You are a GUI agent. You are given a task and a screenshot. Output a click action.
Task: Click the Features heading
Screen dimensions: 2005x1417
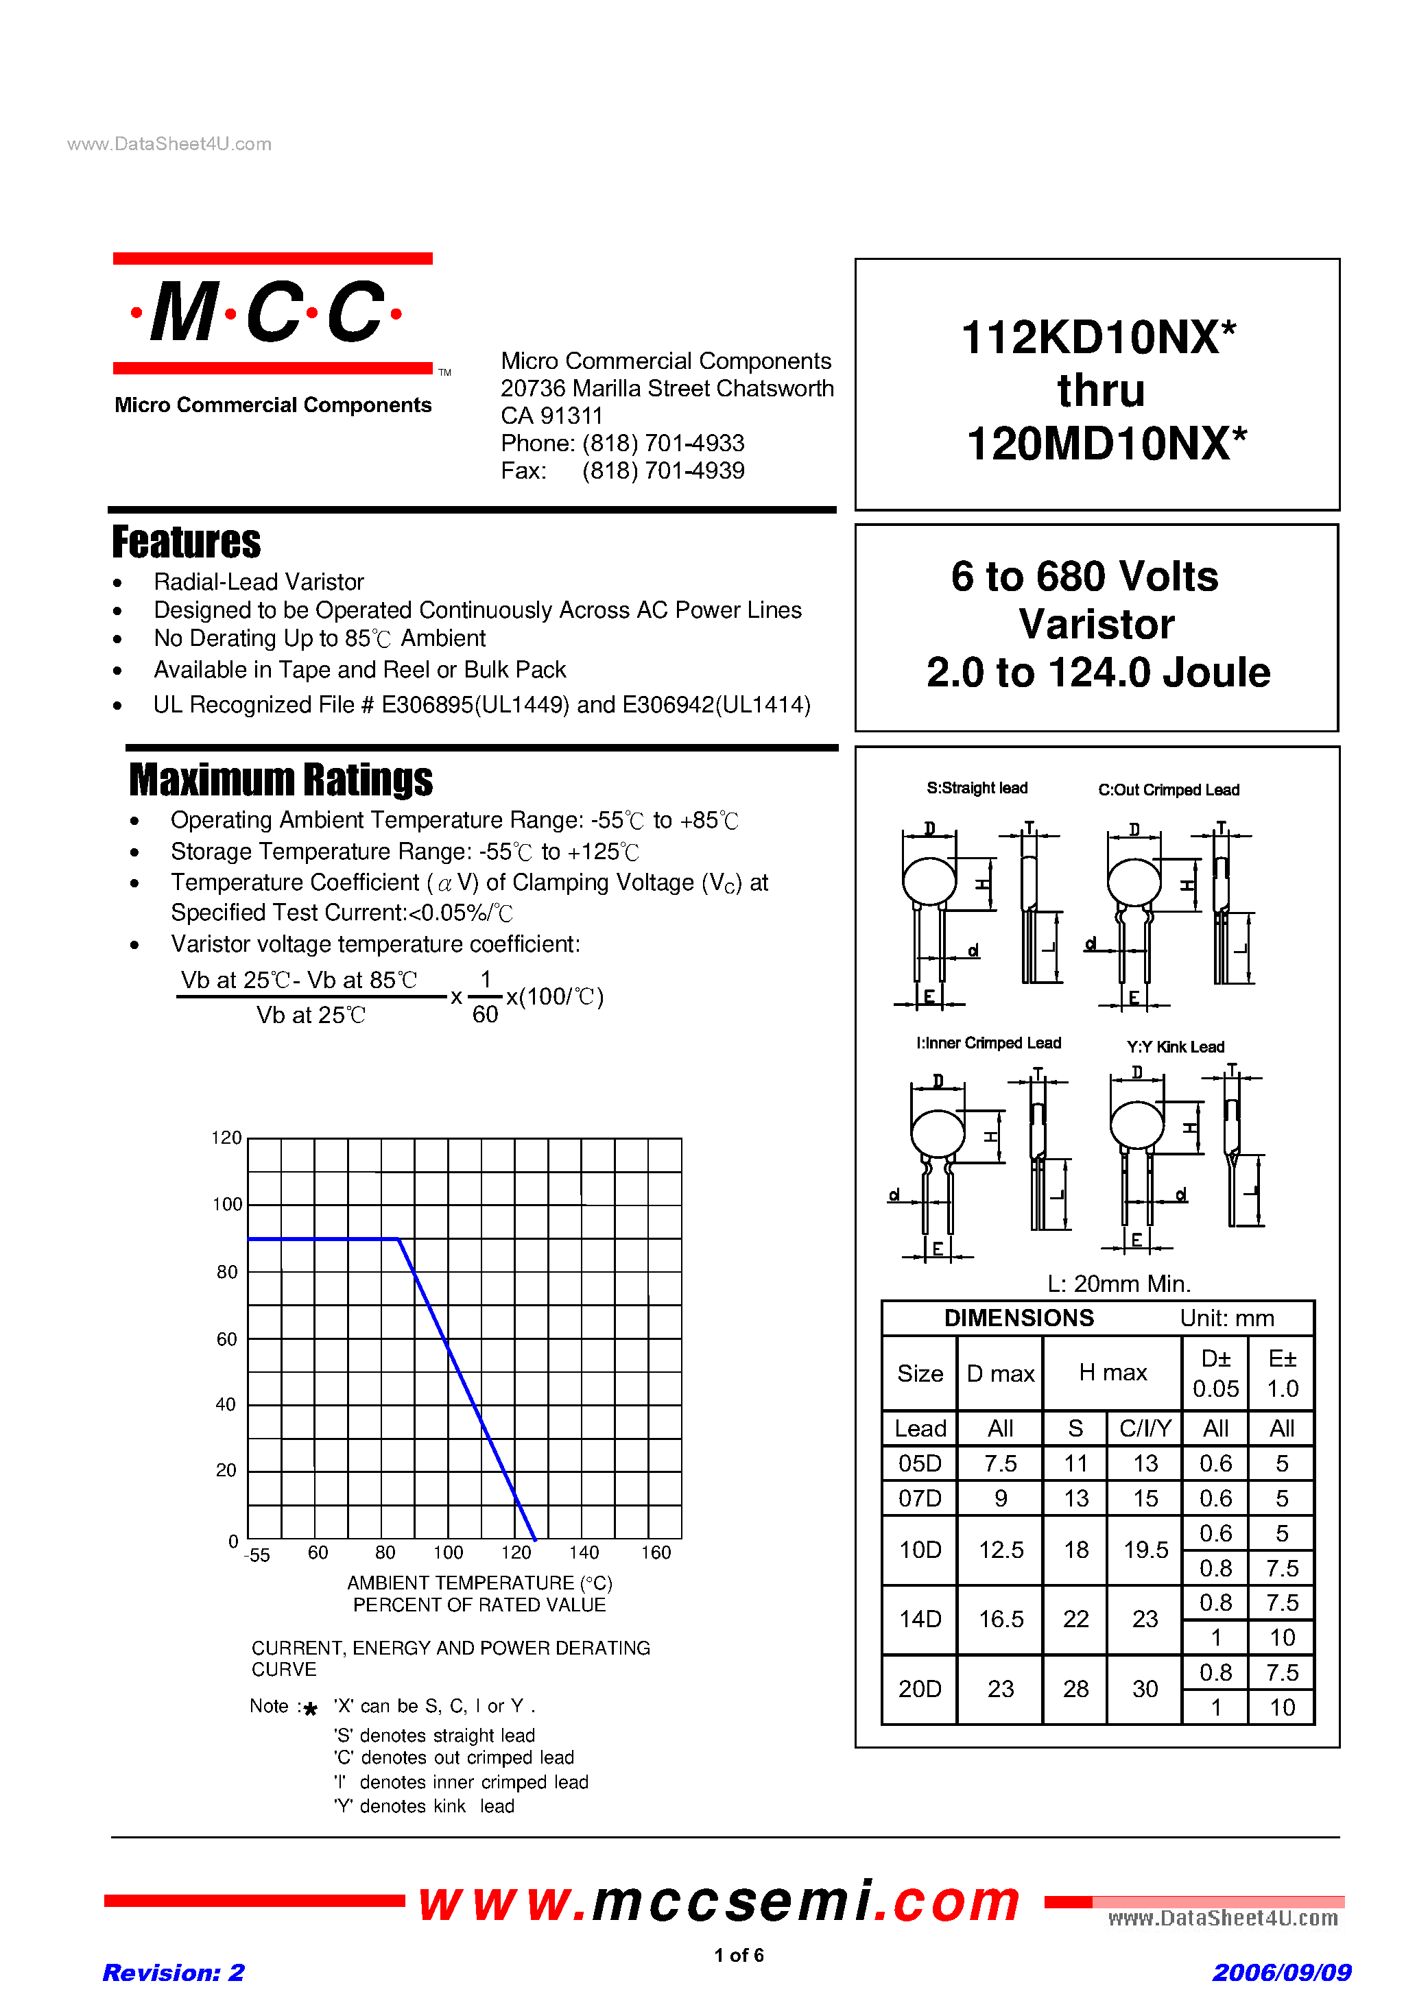pos(186,542)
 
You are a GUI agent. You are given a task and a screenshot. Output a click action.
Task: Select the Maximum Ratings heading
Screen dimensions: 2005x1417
pos(281,780)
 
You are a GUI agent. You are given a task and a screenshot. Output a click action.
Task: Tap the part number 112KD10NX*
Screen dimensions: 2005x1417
pos(1097,338)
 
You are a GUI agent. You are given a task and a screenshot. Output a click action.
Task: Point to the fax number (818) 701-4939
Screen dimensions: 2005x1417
pos(663,470)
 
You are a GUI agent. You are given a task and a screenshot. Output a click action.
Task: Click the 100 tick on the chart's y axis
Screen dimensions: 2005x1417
pos(227,1205)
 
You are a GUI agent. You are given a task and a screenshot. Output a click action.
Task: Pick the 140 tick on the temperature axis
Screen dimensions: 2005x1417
pos(584,1552)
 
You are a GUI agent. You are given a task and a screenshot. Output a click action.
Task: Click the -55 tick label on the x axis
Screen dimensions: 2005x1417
pos(257,1555)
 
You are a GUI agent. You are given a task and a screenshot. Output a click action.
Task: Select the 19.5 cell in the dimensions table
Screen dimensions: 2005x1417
pos(1145,1550)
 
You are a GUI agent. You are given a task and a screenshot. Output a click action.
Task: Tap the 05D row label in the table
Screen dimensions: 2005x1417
pos(920,1463)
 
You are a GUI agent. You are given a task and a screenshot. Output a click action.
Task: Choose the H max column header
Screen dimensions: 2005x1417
pos(1112,1373)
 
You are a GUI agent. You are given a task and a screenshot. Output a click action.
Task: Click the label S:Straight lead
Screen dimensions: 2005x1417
pos(977,789)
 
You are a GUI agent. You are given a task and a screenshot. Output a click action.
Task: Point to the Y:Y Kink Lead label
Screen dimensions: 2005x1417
pos(1175,1047)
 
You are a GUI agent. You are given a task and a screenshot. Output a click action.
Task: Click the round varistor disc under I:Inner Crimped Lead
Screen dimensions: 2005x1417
pos(938,1134)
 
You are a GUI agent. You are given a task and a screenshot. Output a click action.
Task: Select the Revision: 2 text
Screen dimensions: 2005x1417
pos(173,1973)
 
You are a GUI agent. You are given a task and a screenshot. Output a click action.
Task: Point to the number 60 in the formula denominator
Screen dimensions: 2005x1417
pos(485,1015)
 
